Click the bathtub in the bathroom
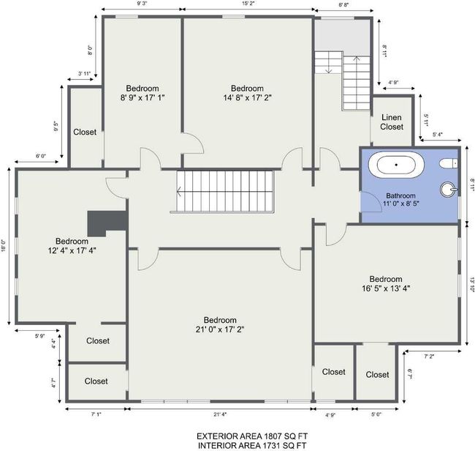click(x=396, y=165)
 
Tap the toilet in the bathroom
click(x=449, y=163)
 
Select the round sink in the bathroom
click(x=449, y=190)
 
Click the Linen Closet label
click(x=392, y=122)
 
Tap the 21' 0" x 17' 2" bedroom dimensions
click(x=220, y=329)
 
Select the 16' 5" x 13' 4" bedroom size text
click(x=386, y=288)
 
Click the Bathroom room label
click(x=400, y=195)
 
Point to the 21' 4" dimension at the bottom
click(x=220, y=414)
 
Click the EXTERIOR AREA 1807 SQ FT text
click(x=252, y=436)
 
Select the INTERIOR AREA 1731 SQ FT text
click(x=252, y=446)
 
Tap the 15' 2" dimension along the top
click(x=248, y=4)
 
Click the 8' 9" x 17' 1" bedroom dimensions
click(x=142, y=97)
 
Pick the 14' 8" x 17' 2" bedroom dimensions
click(x=248, y=97)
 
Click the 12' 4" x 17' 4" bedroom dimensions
click(x=72, y=250)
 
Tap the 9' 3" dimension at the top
click(x=142, y=4)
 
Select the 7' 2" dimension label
click(x=429, y=357)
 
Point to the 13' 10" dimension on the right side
click(x=472, y=285)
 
